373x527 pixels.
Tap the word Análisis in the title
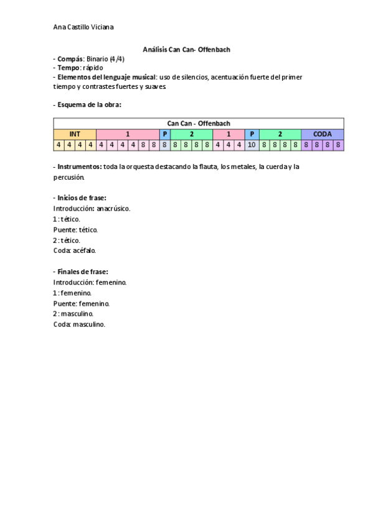(x=155, y=49)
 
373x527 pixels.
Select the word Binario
(x=99, y=58)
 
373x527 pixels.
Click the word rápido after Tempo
(x=91, y=67)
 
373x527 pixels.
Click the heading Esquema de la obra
(x=88, y=104)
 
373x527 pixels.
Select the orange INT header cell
(x=75, y=134)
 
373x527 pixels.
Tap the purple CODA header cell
(x=323, y=134)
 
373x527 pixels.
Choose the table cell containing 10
(x=252, y=145)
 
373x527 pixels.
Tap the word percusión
(x=70, y=177)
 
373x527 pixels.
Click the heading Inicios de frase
(x=81, y=198)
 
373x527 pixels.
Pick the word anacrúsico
(x=113, y=209)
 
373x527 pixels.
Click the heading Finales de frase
(x=82, y=272)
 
